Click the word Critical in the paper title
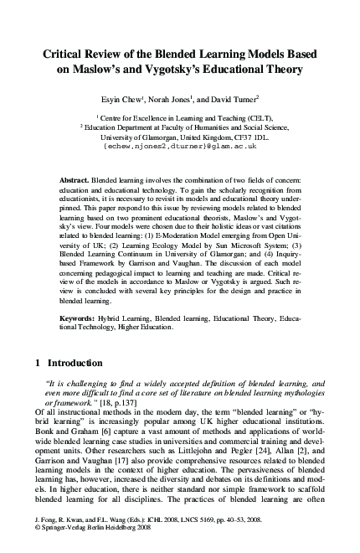point(66,54)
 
